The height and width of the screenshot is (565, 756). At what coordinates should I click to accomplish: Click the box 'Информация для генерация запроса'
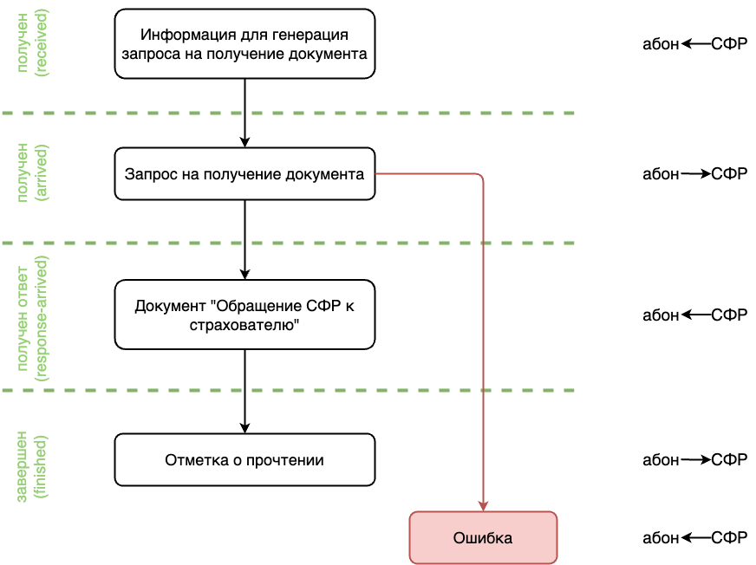point(244,43)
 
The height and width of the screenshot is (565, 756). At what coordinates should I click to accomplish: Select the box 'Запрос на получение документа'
point(244,174)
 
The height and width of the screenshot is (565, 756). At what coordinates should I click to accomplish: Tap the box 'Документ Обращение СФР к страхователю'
point(244,315)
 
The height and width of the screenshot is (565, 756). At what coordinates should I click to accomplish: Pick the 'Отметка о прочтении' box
point(244,459)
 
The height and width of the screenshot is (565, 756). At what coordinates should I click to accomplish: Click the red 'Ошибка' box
point(483,537)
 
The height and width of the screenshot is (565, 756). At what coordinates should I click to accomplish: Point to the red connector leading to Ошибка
point(483,347)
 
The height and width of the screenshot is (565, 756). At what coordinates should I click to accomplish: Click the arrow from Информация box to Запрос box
point(244,113)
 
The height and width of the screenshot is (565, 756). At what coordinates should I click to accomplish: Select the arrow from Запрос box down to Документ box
point(244,240)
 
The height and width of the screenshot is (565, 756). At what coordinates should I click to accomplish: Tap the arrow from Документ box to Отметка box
point(244,390)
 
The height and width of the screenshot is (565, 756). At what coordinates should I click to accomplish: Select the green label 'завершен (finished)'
point(30,466)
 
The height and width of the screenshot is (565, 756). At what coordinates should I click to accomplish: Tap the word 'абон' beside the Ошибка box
point(661,538)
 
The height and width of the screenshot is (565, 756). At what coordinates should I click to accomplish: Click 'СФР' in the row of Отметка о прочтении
point(729,460)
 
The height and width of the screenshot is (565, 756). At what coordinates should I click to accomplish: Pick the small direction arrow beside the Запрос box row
point(695,174)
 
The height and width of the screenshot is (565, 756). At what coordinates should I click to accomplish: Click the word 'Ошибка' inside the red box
point(483,538)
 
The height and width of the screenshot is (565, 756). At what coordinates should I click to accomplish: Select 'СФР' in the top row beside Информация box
point(729,43)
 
